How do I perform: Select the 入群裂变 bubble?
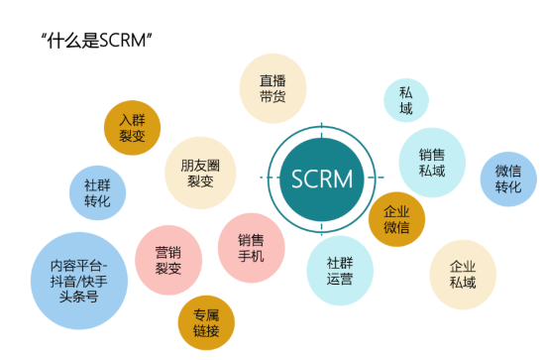(x=132, y=127)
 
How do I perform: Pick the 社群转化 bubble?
(x=97, y=192)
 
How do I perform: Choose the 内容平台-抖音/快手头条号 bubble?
(x=80, y=281)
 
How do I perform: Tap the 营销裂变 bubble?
(x=168, y=261)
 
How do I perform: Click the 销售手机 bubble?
(x=251, y=247)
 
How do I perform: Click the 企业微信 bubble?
(x=396, y=219)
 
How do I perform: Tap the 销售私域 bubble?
(x=432, y=163)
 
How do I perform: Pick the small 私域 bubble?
(x=406, y=101)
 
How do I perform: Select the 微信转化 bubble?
(x=507, y=179)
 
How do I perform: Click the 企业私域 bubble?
(x=462, y=275)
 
